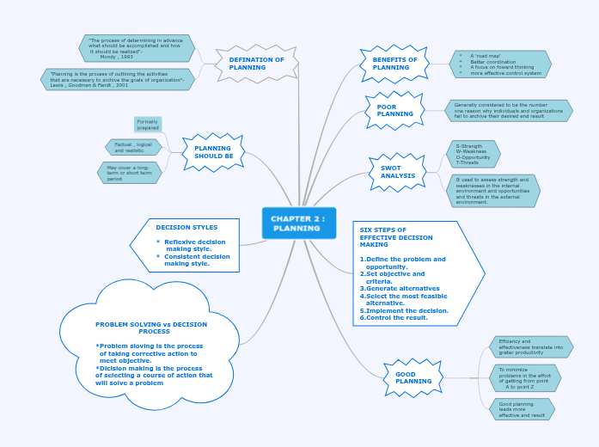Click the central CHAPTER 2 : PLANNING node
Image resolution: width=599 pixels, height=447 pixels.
click(298, 223)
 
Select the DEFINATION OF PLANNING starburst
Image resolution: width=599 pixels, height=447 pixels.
click(256, 64)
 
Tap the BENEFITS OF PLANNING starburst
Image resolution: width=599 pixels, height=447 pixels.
click(394, 64)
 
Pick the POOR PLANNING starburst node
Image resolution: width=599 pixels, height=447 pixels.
click(394, 110)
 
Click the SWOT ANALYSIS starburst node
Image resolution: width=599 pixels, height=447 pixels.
click(397, 172)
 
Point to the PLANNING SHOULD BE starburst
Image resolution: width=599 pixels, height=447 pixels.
click(213, 152)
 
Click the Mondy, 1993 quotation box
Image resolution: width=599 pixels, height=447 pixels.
click(136, 48)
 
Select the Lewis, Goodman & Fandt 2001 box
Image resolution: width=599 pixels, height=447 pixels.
click(117, 80)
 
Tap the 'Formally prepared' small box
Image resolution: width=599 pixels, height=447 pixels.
click(148, 125)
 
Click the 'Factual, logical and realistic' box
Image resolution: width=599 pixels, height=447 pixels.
click(133, 147)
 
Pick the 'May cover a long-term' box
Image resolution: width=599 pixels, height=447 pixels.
click(129, 173)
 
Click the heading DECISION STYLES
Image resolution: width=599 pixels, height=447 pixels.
click(186, 228)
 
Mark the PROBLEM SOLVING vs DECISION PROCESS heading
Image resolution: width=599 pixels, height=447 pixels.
click(151, 328)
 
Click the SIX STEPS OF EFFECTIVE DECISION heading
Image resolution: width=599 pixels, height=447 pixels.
click(396, 237)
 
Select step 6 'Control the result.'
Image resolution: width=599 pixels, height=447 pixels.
click(394, 317)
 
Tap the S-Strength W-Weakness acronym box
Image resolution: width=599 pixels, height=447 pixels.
click(473, 154)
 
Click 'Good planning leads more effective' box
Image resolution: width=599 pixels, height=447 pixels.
click(522, 409)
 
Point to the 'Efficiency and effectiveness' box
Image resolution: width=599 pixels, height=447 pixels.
click(530, 346)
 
